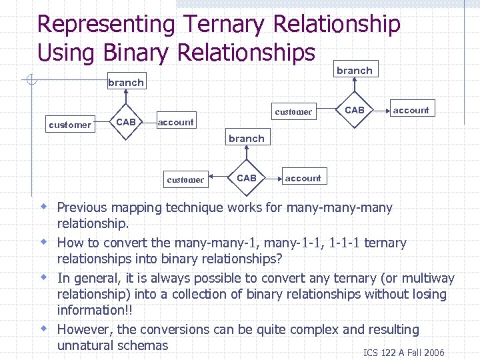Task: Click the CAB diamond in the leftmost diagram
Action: (x=126, y=122)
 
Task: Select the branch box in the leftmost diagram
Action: (x=125, y=83)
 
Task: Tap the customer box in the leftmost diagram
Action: (x=70, y=125)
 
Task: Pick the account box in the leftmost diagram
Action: (x=175, y=122)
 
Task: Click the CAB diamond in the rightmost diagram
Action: (x=354, y=109)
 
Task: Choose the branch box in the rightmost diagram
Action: (x=354, y=70)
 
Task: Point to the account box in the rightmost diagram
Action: (x=411, y=110)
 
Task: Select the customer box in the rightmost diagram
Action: (x=293, y=111)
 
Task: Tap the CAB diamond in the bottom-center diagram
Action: (x=247, y=178)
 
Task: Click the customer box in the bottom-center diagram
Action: (x=185, y=179)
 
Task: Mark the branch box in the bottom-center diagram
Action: (x=246, y=139)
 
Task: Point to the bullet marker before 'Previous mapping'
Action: (x=43, y=207)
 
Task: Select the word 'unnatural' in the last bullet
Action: (x=87, y=345)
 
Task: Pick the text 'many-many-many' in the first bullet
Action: (x=339, y=207)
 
